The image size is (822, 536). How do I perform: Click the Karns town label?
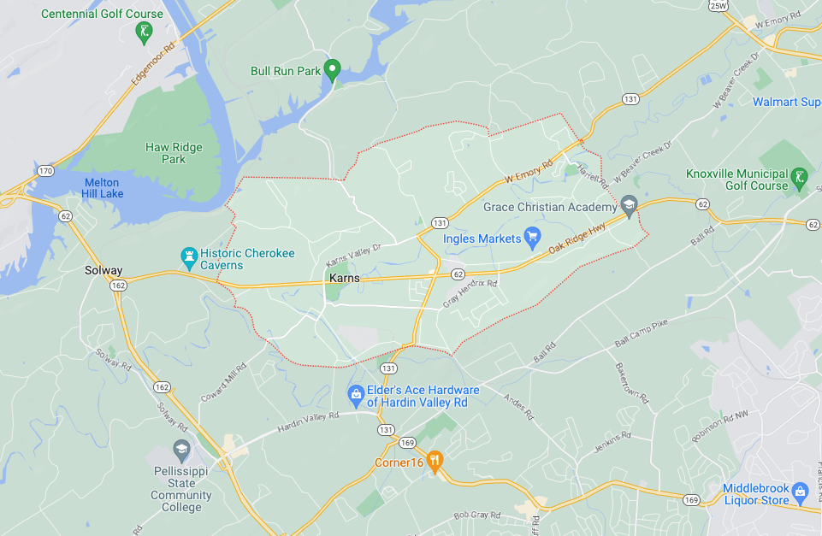pyautogui.click(x=344, y=279)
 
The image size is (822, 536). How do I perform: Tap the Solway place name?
pyautogui.click(x=103, y=270)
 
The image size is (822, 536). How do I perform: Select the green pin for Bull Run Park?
pyautogui.click(x=334, y=69)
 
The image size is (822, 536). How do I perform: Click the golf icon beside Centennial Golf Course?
pyautogui.click(x=145, y=32)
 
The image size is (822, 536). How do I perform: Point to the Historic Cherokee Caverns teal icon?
pyautogui.click(x=188, y=256)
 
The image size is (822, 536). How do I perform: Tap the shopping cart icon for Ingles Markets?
pyautogui.click(x=532, y=236)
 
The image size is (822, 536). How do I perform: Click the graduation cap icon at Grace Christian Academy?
pyautogui.click(x=630, y=205)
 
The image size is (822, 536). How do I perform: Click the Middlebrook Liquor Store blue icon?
pyautogui.click(x=800, y=492)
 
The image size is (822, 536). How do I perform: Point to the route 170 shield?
pyautogui.click(x=45, y=171)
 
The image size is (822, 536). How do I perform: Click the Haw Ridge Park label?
pyautogui.click(x=174, y=153)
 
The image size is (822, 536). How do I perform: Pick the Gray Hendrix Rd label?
pyautogui.click(x=470, y=292)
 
